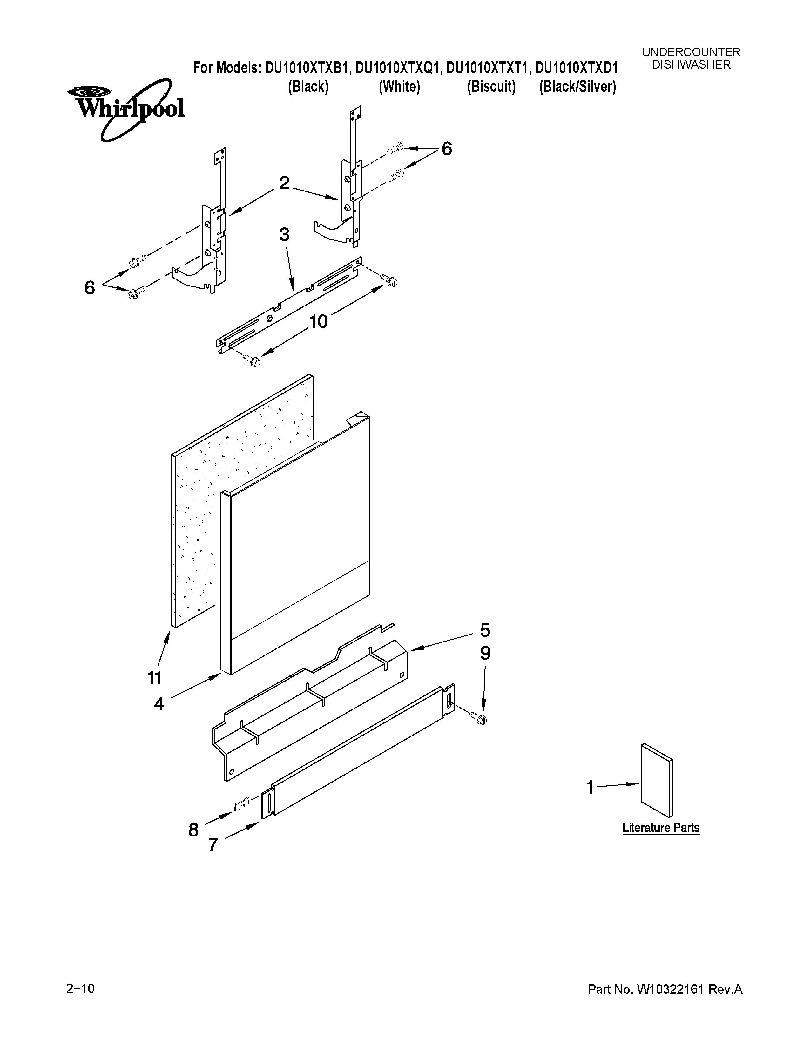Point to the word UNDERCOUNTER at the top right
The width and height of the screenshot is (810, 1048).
[x=691, y=52]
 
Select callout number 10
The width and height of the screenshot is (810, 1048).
[x=318, y=321]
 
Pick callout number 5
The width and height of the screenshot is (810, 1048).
[x=485, y=630]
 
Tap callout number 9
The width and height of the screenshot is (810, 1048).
[x=486, y=654]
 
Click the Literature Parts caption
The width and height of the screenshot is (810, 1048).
[x=661, y=828]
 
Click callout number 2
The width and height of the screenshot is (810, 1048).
[x=285, y=183]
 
